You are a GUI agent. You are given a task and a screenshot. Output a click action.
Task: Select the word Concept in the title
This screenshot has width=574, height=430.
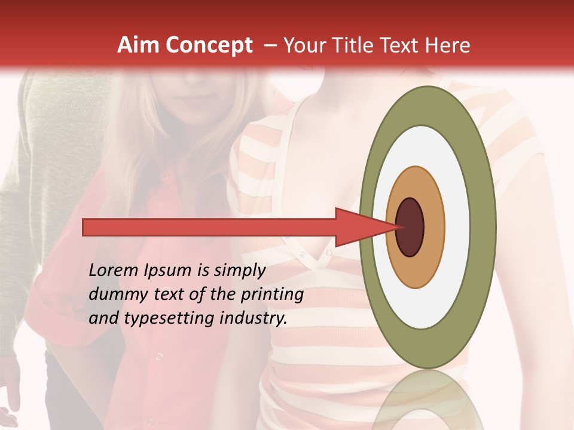pyautogui.click(x=209, y=45)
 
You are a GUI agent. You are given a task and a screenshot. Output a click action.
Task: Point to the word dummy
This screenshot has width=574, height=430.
pyautogui.click(x=114, y=294)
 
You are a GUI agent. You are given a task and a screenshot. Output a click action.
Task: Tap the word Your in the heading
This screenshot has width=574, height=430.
pyautogui.click(x=300, y=45)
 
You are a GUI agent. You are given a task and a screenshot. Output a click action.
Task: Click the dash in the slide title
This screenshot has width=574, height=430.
pyautogui.click(x=270, y=45)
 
